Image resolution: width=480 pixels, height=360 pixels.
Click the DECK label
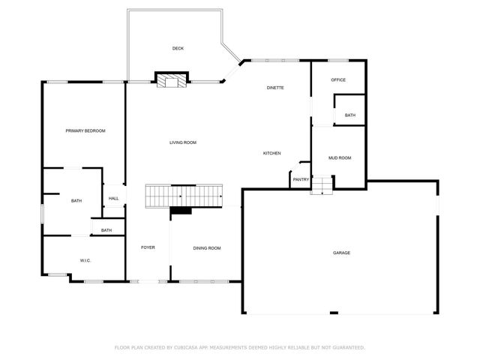(x=178, y=49)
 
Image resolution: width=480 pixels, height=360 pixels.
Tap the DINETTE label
(x=275, y=88)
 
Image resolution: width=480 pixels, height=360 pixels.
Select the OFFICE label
(x=338, y=79)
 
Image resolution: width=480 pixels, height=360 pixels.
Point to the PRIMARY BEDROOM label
(x=85, y=131)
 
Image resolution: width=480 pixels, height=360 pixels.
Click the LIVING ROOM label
(x=182, y=142)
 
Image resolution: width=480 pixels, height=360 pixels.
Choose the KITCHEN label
(x=271, y=154)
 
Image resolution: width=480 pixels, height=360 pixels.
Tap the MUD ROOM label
(x=340, y=158)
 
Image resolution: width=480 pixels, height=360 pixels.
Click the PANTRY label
(x=301, y=180)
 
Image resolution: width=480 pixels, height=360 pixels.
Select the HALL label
(x=113, y=199)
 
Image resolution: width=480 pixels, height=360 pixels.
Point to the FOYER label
(x=148, y=247)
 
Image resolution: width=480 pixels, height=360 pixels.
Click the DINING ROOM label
(x=207, y=248)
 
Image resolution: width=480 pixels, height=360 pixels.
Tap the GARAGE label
(x=341, y=253)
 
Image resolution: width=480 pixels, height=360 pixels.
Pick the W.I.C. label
(x=85, y=261)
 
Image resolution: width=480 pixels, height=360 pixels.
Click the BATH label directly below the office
(x=350, y=115)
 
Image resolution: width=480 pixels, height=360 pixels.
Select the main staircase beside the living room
(x=184, y=196)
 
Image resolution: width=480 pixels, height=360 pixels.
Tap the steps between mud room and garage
(x=322, y=184)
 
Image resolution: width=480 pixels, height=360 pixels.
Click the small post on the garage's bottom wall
(x=334, y=313)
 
